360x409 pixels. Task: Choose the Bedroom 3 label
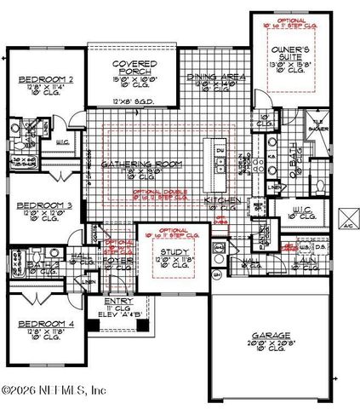pyautogui.click(x=39, y=204)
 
